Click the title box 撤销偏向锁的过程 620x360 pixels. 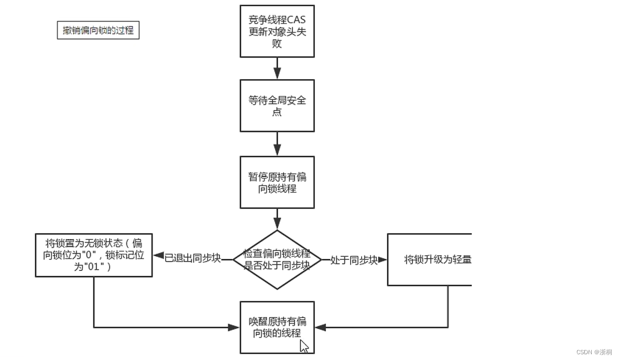click(98, 30)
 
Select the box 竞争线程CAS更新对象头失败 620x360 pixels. click(277, 31)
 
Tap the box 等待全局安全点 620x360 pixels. click(277, 106)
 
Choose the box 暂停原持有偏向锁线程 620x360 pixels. click(277, 182)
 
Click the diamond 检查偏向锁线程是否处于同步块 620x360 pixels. click(277, 259)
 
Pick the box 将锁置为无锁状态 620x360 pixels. click(94, 255)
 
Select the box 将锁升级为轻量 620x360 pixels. click(429, 259)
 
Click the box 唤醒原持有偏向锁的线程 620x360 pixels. click(277, 327)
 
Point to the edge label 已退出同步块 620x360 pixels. click(192, 259)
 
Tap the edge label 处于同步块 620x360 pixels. click(354, 260)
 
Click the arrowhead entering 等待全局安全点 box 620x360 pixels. click(277, 74)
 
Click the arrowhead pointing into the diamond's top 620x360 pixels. click(277, 225)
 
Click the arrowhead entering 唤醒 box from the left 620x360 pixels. click(234, 328)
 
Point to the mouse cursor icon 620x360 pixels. click(304, 346)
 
